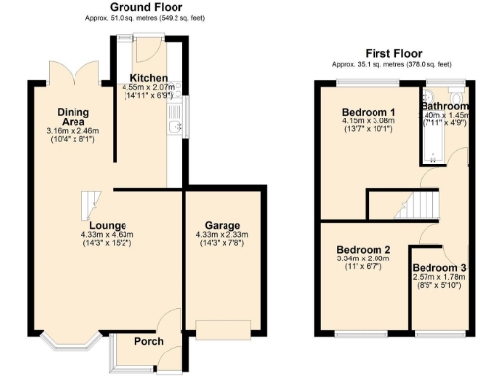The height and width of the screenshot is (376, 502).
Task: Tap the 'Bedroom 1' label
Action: [365, 111]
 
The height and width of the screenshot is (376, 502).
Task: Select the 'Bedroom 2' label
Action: [356, 249]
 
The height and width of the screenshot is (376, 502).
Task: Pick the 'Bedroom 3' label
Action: [438, 268]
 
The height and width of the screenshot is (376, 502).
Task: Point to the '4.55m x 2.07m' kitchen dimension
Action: [149, 88]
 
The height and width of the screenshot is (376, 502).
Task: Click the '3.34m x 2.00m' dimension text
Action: [356, 258]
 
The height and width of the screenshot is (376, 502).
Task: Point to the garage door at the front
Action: [222, 327]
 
